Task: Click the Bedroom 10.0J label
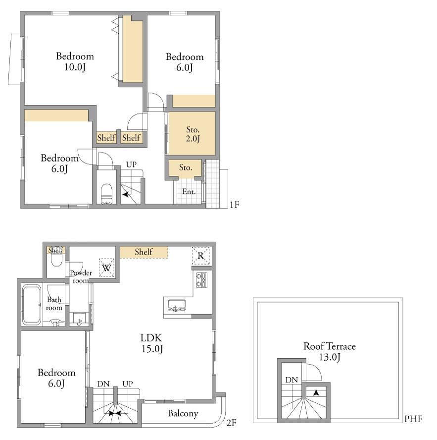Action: (75, 61)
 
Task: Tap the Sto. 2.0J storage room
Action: (193, 134)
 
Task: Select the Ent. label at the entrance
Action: (189, 192)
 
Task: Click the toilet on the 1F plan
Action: (106, 194)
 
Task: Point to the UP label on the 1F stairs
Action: (131, 165)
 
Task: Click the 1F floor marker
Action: (235, 205)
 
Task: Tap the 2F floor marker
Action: (231, 423)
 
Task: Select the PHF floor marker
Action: (413, 419)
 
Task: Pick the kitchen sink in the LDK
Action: (177, 305)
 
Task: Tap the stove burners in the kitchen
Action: (202, 280)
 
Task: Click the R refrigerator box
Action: (201, 256)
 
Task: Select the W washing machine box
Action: (106, 268)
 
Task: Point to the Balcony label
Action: (183, 413)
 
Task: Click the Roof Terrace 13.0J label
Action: (330, 351)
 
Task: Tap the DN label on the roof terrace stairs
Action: (291, 380)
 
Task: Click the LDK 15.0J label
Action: (151, 343)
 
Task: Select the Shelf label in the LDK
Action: (144, 252)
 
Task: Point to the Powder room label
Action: (81, 276)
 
